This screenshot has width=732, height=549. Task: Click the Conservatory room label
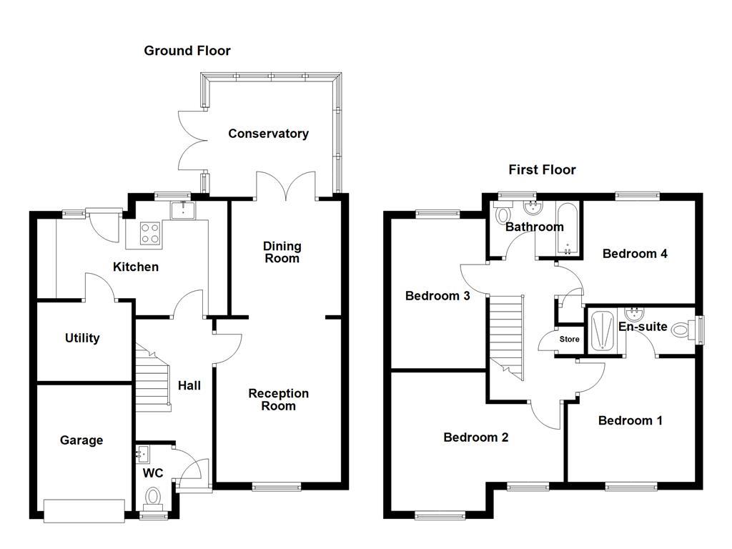[x=268, y=134]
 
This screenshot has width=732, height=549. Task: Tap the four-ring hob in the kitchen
[x=151, y=233]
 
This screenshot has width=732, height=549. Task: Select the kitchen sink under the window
[x=183, y=210]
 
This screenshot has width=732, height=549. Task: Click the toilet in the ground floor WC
[x=153, y=496]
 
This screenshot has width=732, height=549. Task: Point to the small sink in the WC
[x=143, y=452]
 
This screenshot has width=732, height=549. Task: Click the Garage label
[x=81, y=440]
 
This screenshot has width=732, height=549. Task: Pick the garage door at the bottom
[x=83, y=510]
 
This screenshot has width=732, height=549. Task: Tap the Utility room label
[x=82, y=338]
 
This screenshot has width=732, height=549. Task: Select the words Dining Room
[x=282, y=252]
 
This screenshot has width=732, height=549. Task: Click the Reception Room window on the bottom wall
[x=277, y=487]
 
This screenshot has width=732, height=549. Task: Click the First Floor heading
[x=542, y=169]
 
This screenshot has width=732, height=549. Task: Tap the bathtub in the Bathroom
[x=567, y=229]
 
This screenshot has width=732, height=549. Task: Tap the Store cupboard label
[x=569, y=339]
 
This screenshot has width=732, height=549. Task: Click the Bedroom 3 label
[x=437, y=295]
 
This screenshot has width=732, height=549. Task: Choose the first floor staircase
[x=507, y=336]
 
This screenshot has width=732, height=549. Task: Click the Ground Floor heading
[x=187, y=50]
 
